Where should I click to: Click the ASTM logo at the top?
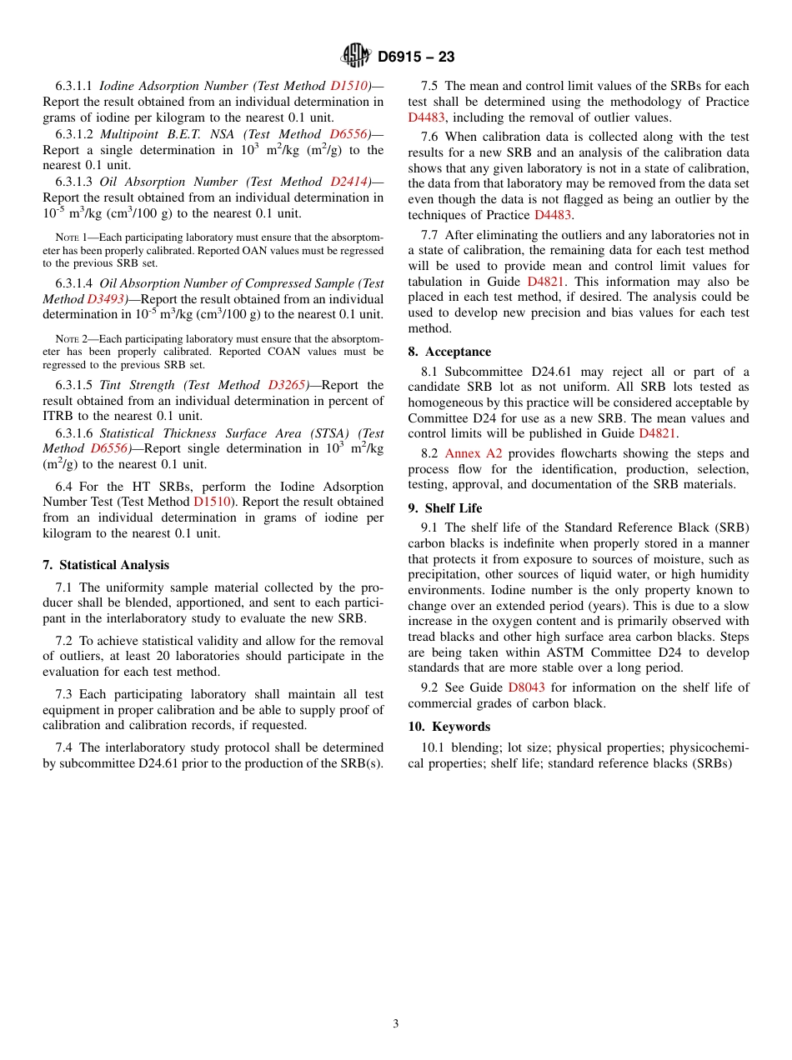pos(357,56)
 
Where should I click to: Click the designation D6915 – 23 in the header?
pos(416,57)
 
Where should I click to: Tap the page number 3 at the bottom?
pos(396,1024)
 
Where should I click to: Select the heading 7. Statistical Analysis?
pos(106,565)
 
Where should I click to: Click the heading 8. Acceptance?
pos(449,352)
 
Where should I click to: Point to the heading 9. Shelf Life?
pos(445,508)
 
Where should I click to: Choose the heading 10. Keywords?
pos(449,727)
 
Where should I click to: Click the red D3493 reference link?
pos(108,299)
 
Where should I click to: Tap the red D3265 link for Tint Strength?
pos(288,385)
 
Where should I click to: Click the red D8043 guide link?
pos(527,687)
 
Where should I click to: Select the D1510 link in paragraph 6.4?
pos(212,502)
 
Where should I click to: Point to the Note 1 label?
pos(72,237)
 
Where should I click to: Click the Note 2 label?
pos(72,339)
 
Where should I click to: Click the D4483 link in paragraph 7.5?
pos(426,117)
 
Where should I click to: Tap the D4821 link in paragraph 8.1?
pos(658,433)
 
